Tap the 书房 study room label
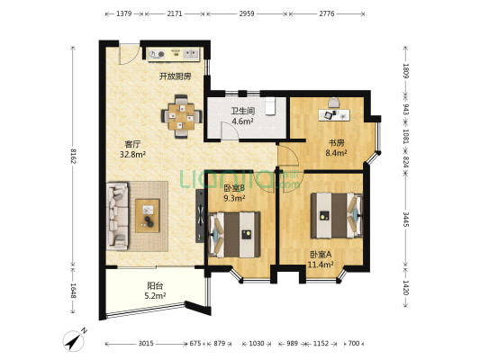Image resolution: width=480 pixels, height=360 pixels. coord(337,143)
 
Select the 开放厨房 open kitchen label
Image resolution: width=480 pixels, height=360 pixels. coord(175,76)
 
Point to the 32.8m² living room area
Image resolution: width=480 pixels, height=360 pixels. coord(132,155)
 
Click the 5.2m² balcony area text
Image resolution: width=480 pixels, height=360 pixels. coord(155,296)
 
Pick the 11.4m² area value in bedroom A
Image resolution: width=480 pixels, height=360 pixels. coord(321,265)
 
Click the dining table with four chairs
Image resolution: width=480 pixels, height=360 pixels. coord(182,116)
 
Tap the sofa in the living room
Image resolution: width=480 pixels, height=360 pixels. coord(117,216)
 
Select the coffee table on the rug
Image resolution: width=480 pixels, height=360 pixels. coord(148,216)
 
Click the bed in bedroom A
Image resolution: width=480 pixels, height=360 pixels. coord(337,215)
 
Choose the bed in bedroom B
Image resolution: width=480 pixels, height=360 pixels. coord(234,235)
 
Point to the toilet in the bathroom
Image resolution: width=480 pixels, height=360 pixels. coord(270,106)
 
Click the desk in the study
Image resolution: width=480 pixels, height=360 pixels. coord(334,115)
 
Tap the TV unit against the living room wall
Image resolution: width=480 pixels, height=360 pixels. coord(200,216)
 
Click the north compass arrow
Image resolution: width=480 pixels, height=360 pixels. coord(74,341)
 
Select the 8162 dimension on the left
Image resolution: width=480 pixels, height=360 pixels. coord(74,156)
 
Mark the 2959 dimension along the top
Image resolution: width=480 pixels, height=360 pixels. coord(247,13)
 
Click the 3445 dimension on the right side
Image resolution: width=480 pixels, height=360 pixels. coord(405,219)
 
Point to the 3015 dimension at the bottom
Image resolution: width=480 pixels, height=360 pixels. coord(146,344)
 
